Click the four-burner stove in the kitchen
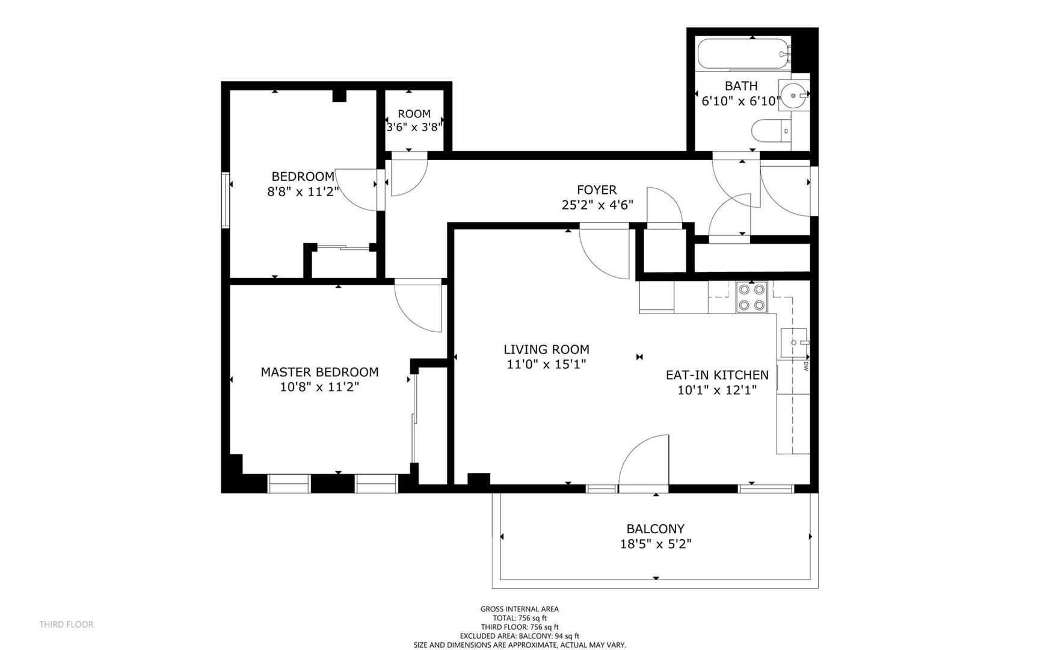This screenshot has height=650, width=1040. pyautogui.click(x=752, y=297)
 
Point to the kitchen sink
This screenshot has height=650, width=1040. pyautogui.click(x=793, y=343)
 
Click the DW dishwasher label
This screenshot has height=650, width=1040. pyautogui.click(x=805, y=365)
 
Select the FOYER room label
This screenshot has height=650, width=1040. pyautogui.click(x=597, y=190)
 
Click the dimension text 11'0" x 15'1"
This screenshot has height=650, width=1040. pyautogui.click(x=546, y=364)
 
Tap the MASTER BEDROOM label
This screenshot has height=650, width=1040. pyautogui.click(x=319, y=372)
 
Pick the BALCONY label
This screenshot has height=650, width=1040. pyautogui.click(x=655, y=529)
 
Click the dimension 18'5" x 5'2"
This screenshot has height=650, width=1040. pyautogui.click(x=655, y=544)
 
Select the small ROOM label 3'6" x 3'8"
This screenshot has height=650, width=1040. pyautogui.click(x=414, y=120)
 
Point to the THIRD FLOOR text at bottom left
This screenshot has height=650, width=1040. pyautogui.click(x=66, y=624)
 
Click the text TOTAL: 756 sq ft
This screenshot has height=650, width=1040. pyautogui.click(x=520, y=617)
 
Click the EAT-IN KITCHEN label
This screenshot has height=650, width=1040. pyautogui.click(x=716, y=375)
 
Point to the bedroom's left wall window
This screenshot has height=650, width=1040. pyautogui.click(x=226, y=200)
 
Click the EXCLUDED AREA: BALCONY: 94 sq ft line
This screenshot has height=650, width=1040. pyautogui.click(x=520, y=636)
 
